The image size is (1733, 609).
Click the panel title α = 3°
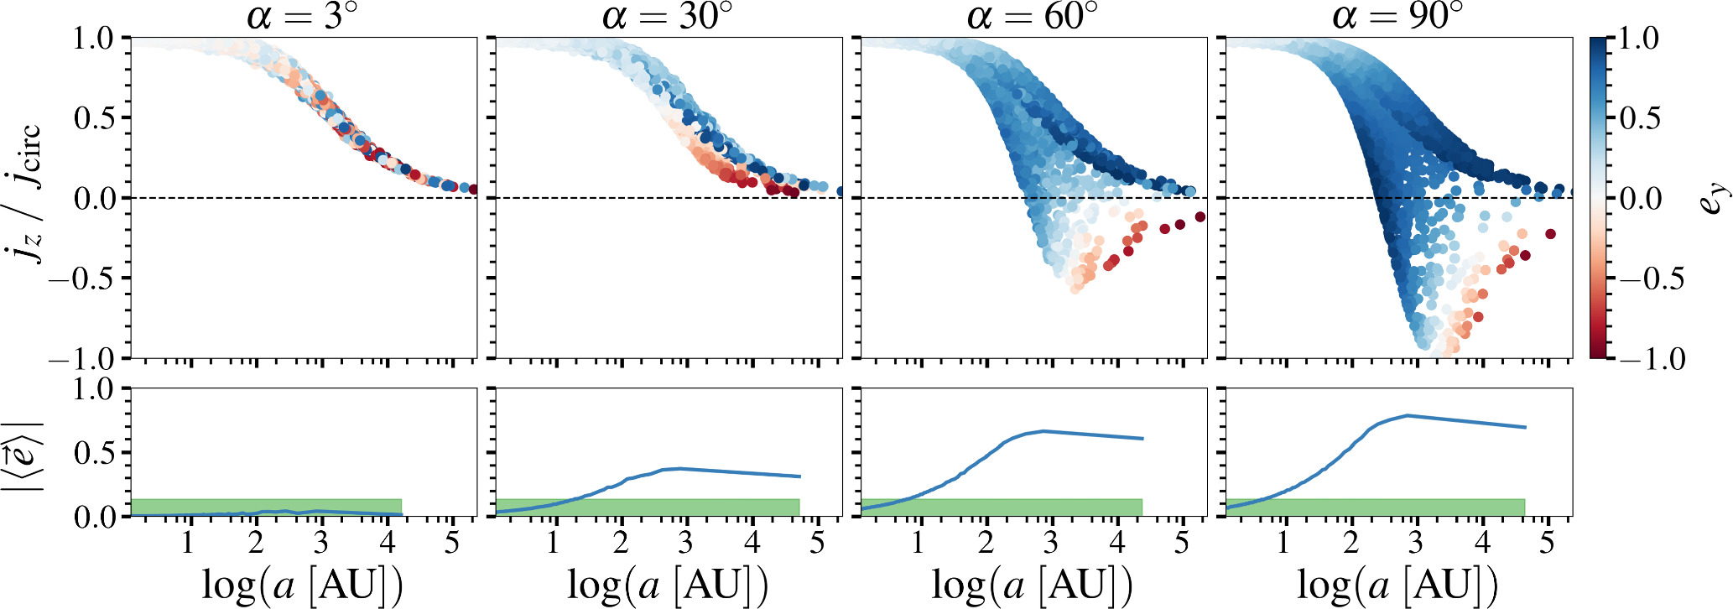(x=303, y=16)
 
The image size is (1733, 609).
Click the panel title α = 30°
(x=668, y=16)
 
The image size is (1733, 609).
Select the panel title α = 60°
(x=1033, y=16)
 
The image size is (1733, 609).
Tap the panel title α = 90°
(x=1397, y=16)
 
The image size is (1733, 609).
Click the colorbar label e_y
(x=1716, y=198)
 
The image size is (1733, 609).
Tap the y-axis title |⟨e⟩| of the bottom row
(x=23, y=453)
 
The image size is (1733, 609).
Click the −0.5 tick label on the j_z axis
(x=84, y=278)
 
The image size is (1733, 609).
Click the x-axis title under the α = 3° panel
(x=303, y=585)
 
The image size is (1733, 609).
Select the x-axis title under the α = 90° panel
(x=1397, y=585)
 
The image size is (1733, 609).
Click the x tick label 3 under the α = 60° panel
(x=1050, y=544)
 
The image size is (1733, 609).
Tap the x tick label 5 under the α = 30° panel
(x=817, y=544)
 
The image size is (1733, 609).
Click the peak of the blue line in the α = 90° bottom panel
(x=1407, y=415)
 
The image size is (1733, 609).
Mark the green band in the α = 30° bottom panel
(x=648, y=507)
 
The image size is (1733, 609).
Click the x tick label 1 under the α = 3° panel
(x=188, y=544)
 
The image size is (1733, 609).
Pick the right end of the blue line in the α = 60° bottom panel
(x=1143, y=439)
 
